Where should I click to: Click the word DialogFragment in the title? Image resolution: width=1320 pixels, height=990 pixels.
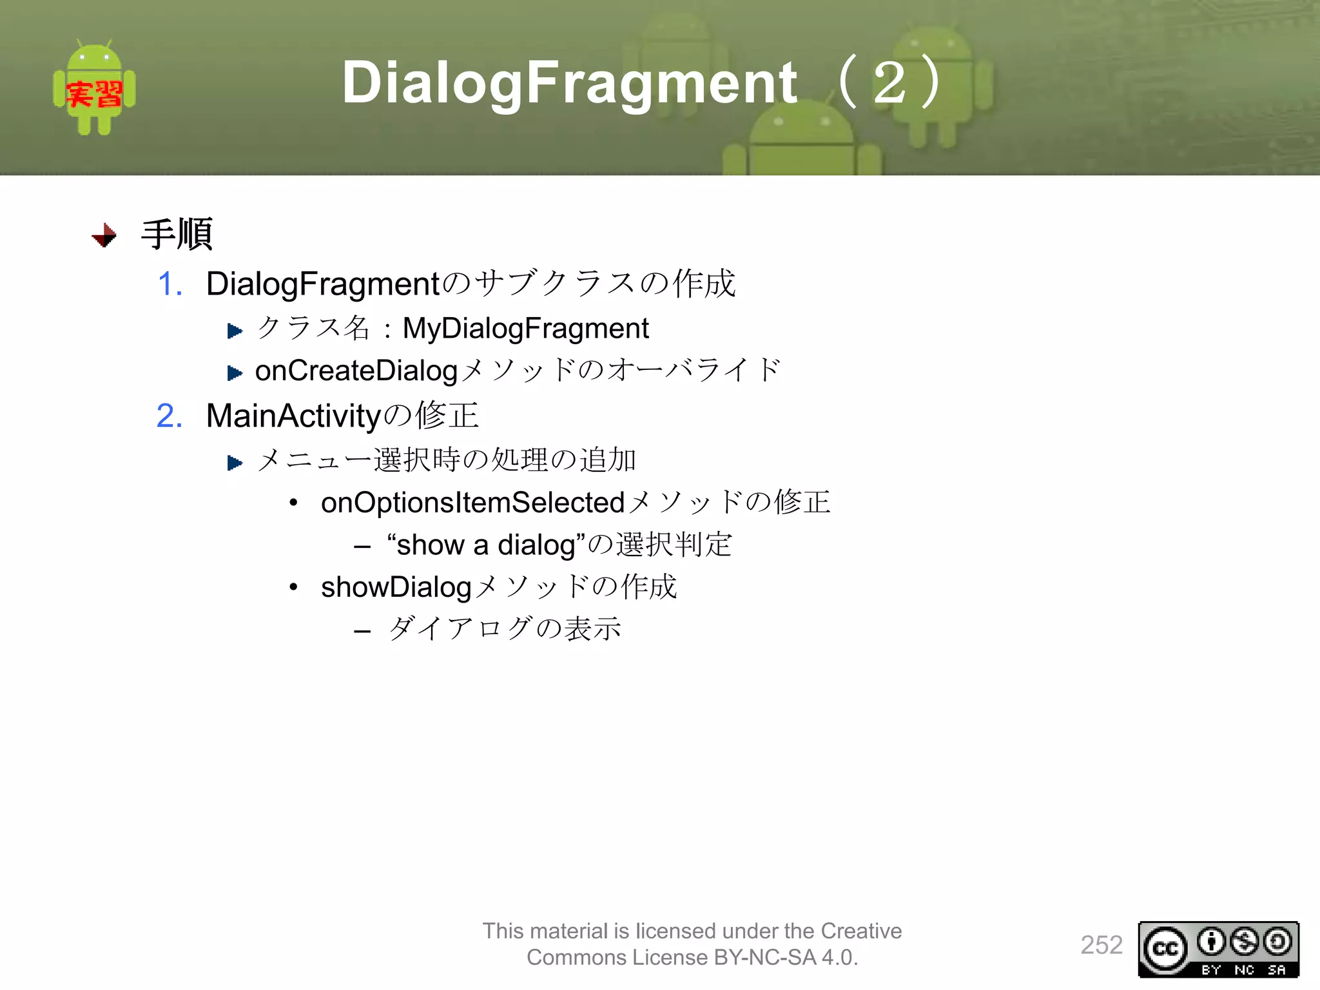[x=570, y=82]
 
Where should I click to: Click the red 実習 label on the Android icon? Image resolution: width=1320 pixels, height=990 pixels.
[x=94, y=95]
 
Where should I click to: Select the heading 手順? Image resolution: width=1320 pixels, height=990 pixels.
[x=177, y=235]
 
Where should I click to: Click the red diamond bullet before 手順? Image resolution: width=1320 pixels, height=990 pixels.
[x=104, y=236]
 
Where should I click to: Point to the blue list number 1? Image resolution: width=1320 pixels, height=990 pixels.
[x=170, y=284]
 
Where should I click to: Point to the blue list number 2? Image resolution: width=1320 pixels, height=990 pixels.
[x=170, y=416]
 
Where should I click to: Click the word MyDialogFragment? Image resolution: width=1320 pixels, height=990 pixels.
[x=525, y=329]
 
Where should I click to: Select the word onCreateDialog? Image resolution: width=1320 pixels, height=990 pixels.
[x=356, y=371]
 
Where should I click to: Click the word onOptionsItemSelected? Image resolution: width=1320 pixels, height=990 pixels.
[x=472, y=503]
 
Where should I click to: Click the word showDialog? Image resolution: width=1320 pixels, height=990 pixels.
[x=396, y=587]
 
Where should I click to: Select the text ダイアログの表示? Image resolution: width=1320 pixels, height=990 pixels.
[x=504, y=629]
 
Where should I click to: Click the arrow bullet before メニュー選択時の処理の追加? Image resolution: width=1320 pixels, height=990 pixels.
[x=235, y=463]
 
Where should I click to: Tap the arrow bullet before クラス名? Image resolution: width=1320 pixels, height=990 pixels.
[x=235, y=331]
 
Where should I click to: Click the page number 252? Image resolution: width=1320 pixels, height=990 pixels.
[x=1102, y=945]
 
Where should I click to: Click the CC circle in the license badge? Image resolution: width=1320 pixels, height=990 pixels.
[x=1165, y=949]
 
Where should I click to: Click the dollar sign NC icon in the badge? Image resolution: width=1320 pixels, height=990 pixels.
[x=1244, y=942]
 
